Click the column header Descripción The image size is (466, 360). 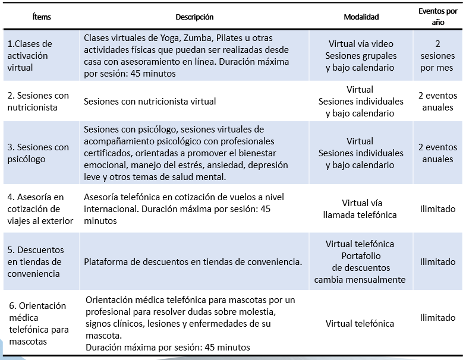pyautogui.click(x=194, y=17)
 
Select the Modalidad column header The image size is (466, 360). pyautogui.click(x=361, y=17)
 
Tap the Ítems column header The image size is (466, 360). pyautogui.click(x=42, y=17)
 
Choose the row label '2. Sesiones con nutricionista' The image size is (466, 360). pyautogui.click(x=38, y=102)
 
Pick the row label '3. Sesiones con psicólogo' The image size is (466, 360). pyautogui.click(x=38, y=153)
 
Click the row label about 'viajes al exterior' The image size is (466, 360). pyautogui.click(x=40, y=209)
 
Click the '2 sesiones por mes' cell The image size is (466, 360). pyautogui.click(x=437, y=56)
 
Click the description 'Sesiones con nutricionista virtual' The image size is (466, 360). pyautogui.click(x=150, y=102)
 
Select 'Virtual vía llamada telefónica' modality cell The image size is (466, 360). pyautogui.click(x=361, y=209)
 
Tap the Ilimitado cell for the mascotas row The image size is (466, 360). pyautogui.click(x=437, y=318)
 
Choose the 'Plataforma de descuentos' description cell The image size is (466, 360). pyautogui.click(x=193, y=262)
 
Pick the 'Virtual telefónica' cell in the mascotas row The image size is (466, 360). pyautogui.click(x=360, y=324)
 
